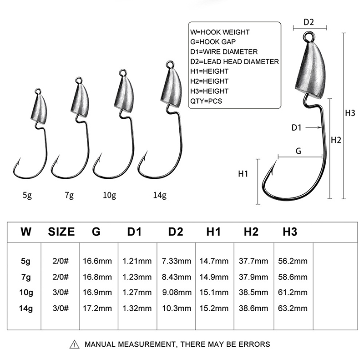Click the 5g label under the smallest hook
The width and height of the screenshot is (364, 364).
(27, 196)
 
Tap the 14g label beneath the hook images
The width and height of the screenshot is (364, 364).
(160, 196)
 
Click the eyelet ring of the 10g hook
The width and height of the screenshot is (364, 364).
(122, 72)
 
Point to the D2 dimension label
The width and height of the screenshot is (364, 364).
(309, 22)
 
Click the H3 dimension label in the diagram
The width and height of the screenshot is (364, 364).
(350, 113)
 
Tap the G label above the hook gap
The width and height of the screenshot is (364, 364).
(298, 151)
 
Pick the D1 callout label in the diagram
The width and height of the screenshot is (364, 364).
(297, 128)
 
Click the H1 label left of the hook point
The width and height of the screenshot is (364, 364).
(244, 173)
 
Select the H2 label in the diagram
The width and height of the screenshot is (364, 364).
(336, 141)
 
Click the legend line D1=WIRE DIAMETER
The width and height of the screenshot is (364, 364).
(224, 52)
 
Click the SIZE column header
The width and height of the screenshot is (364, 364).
(61, 232)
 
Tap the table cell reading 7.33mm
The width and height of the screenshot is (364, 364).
(176, 261)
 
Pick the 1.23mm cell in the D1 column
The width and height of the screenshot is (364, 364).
(137, 277)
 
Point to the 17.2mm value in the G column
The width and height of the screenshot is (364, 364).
(97, 308)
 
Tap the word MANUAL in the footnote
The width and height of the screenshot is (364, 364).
(101, 344)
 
